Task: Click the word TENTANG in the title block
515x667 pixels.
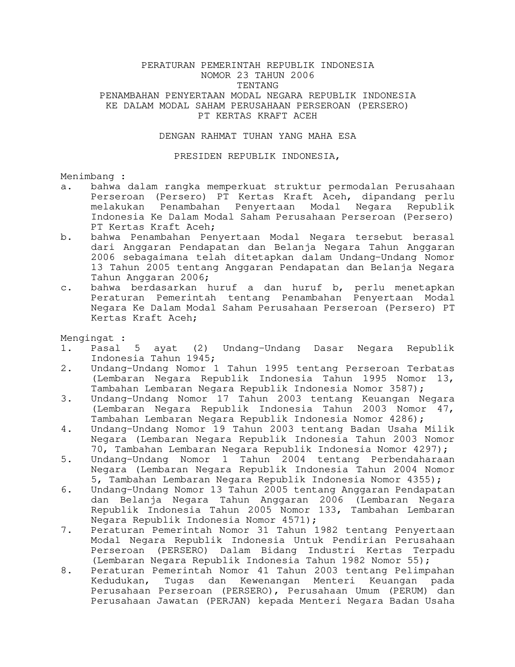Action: (257, 86)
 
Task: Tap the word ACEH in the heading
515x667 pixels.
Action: (305, 116)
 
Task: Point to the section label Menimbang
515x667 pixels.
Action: (87, 177)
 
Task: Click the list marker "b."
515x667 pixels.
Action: (66, 237)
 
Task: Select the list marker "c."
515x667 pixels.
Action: (66, 288)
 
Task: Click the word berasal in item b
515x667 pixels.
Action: (433, 237)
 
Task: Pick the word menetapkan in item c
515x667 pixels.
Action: (425, 288)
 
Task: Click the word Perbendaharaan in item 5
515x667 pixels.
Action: (412, 460)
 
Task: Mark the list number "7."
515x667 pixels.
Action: (66, 530)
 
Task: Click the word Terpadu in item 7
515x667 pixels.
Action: (433, 551)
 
